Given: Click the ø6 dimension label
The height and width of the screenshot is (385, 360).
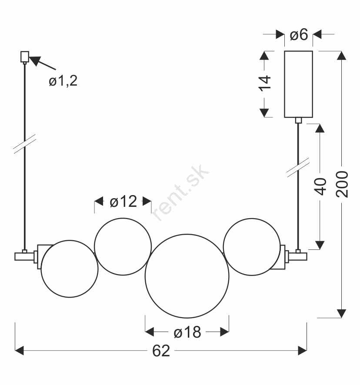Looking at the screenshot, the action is click(299, 34).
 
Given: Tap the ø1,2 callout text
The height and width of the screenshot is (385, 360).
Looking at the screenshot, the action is click(63, 80).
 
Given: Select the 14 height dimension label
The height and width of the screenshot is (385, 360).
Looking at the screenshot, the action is click(265, 83).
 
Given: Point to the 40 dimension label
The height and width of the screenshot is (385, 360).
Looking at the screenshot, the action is click(320, 186).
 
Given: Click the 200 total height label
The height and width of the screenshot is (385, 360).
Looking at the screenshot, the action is click(342, 184).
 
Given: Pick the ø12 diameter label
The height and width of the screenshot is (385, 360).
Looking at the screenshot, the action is click(123, 201).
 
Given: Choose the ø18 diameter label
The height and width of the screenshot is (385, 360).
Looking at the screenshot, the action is click(187, 332).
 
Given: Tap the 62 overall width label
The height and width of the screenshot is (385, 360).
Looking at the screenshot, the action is click(161, 351).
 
